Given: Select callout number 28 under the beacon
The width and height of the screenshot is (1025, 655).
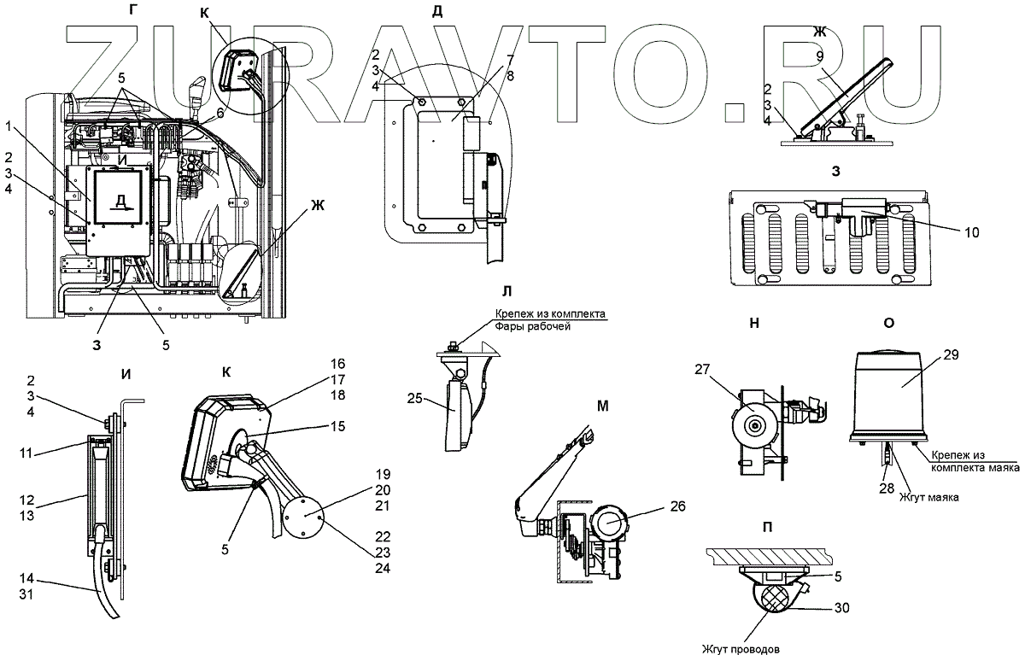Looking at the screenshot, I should point(887,488).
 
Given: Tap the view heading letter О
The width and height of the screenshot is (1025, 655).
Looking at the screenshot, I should point(888,323).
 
